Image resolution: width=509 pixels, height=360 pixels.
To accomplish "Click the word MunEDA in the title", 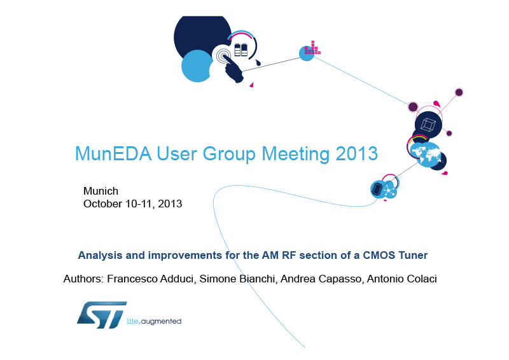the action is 113,153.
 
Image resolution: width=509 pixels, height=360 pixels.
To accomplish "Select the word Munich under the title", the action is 101,191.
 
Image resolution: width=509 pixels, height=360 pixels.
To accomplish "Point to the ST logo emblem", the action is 102,315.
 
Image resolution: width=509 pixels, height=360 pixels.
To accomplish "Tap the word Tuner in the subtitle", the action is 413,255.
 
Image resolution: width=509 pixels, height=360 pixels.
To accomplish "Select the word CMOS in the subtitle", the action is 379,255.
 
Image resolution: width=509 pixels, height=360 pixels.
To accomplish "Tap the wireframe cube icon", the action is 428,125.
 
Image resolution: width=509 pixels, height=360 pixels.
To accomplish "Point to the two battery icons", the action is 241,50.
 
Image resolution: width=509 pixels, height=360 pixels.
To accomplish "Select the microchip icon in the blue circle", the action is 377,189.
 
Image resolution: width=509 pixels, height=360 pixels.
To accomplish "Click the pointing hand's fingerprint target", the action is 222,56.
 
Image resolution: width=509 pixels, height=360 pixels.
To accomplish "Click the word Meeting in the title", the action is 295,153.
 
